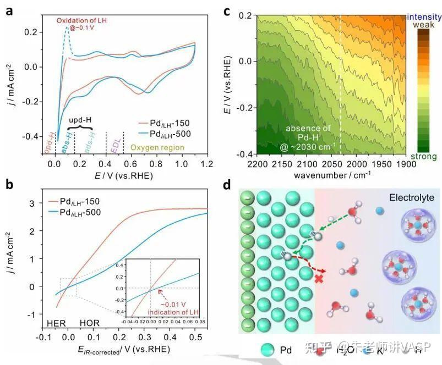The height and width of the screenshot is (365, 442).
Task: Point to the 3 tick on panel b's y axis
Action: (34, 203)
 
